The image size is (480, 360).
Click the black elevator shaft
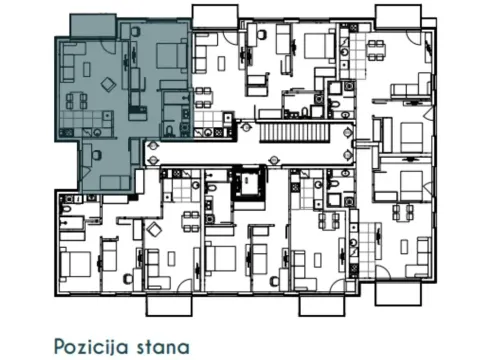[x=245, y=183]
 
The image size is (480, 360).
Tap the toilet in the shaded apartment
[x=171, y=131]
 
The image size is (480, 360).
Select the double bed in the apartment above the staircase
[x=317, y=44]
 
